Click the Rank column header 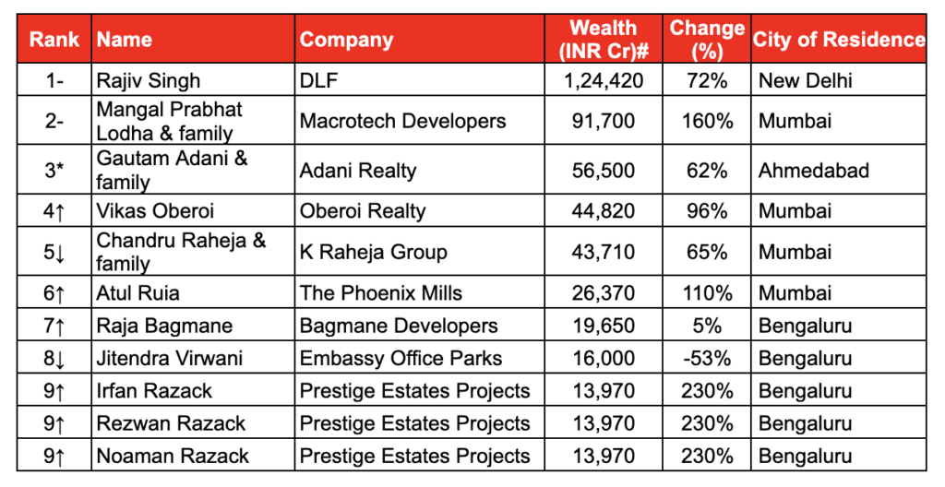point(54,40)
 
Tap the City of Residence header point(839,40)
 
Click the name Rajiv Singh point(148,81)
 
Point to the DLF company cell point(319,81)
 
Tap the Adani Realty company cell point(358,171)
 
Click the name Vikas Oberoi point(155,211)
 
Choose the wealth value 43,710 point(604,252)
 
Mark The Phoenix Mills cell point(381,293)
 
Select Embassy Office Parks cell point(401,358)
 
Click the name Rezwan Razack point(171,423)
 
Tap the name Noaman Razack point(173,456)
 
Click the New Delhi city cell point(806,81)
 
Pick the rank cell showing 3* point(54,171)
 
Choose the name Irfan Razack point(154,391)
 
